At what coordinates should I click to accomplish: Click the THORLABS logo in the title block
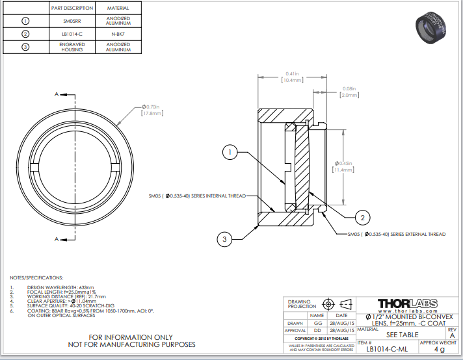pyautogui.click(x=408, y=303)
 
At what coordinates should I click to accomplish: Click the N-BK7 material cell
pyautogui.click(x=118, y=34)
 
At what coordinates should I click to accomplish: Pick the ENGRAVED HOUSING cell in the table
pyautogui.click(x=72, y=47)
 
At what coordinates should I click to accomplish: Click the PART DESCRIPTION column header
pyautogui.click(x=72, y=7)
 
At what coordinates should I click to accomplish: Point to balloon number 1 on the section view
pyautogui.click(x=229, y=152)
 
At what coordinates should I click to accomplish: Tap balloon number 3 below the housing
pyautogui.click(x=224, y=240)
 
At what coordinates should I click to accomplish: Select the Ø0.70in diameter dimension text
pyautogui.click(x=152, y=107)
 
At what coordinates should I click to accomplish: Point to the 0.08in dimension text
pyautogui.click(x=349, y=88)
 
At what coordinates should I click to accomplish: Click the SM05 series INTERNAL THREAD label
pyautogui.click(x=196, y=195)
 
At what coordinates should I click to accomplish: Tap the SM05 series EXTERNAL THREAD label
pyautogui.click(x=396, y=234)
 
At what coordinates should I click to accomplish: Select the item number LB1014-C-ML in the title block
pyautogui.click(x=387, y=349)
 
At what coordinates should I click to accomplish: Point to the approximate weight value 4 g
pyautogui.click(x=440, y=349)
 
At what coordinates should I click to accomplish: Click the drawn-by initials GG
pyautogui.click(x=318, y=322)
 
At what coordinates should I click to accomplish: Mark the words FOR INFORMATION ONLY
pyautogui.click(x=131, y=337)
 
